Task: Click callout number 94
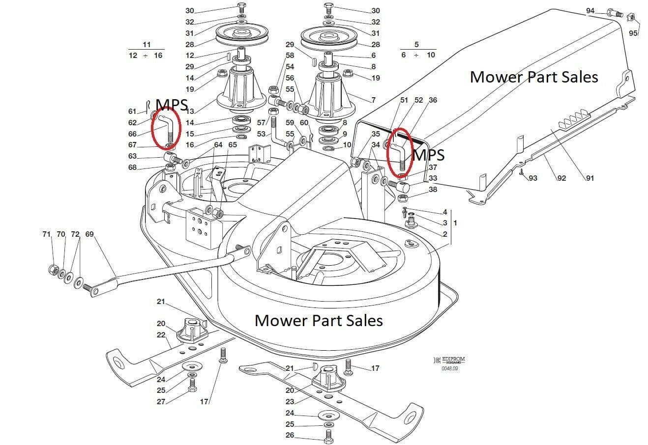pos(590,10)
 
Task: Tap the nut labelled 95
pos(632,18)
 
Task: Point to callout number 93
pos(533,178)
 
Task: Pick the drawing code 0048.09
pos(449,368)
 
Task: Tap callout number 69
pos(89,234)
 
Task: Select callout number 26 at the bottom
pos(290,435)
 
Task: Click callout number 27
pos(161,401)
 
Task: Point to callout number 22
pos(161,335)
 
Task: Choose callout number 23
pos(290,401)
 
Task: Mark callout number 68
pos(132,167)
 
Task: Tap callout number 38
pos(433,189)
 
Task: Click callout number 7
pos(373,100)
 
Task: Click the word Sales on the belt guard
pos(576,77)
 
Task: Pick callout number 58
pos(290,56)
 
